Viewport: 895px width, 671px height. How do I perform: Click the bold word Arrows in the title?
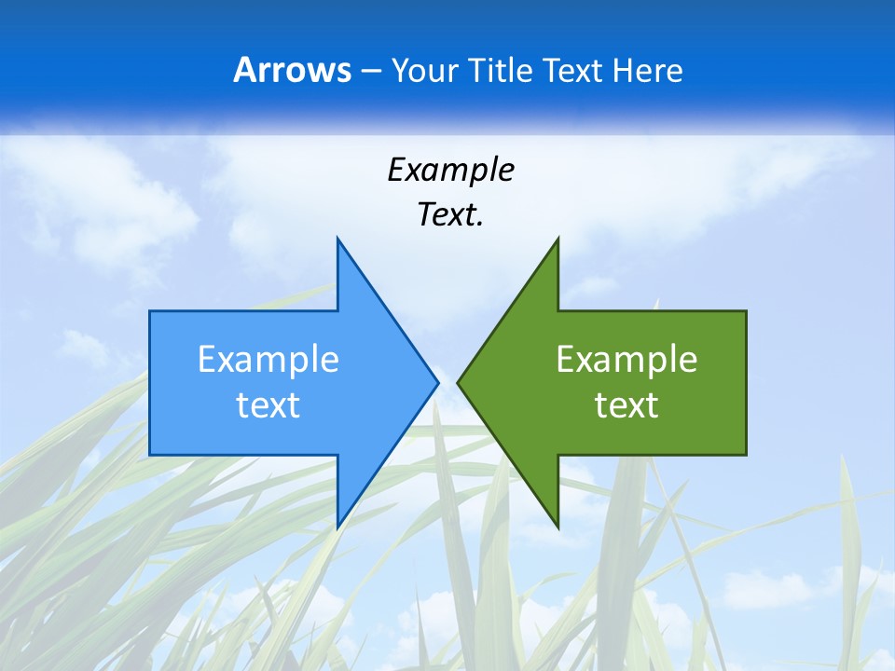click(293, 70)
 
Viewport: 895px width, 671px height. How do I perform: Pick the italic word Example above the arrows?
click(450, 170)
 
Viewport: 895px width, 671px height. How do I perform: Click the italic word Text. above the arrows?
click(450, 215)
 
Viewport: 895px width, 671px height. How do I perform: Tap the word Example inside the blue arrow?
click(268, 360)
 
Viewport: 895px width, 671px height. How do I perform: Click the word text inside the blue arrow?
click(268, 404)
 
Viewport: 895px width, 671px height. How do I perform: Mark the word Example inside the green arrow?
click(626, 360)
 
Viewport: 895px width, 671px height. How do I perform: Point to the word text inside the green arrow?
click(626, 404)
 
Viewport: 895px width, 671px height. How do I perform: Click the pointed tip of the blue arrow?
click(436, 382)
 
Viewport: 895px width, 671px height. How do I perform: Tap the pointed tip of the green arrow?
click(460, 382)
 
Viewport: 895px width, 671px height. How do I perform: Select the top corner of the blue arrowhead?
click(338, 240)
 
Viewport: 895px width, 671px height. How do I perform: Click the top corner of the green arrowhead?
click(557, 240)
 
